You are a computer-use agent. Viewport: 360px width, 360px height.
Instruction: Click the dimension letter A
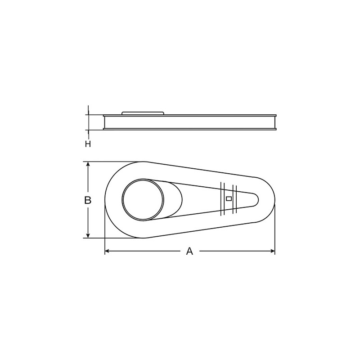(189, 251)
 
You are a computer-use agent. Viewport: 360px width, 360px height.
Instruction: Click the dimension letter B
(88, 200)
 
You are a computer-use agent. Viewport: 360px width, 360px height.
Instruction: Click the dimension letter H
(88, 144)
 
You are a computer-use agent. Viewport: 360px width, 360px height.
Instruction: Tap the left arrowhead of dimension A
(107, 251)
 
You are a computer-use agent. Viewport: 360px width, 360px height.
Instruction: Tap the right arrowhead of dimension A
(273, 251)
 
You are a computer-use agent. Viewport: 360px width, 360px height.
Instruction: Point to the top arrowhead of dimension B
(88, 164)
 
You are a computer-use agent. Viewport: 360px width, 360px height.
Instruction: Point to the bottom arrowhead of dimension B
(88, 236)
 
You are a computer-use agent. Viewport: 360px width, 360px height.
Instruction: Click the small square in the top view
(229, 198)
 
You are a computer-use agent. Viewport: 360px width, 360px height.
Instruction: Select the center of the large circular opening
(143, 199)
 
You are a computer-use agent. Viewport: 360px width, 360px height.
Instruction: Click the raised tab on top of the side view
(143, 113)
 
